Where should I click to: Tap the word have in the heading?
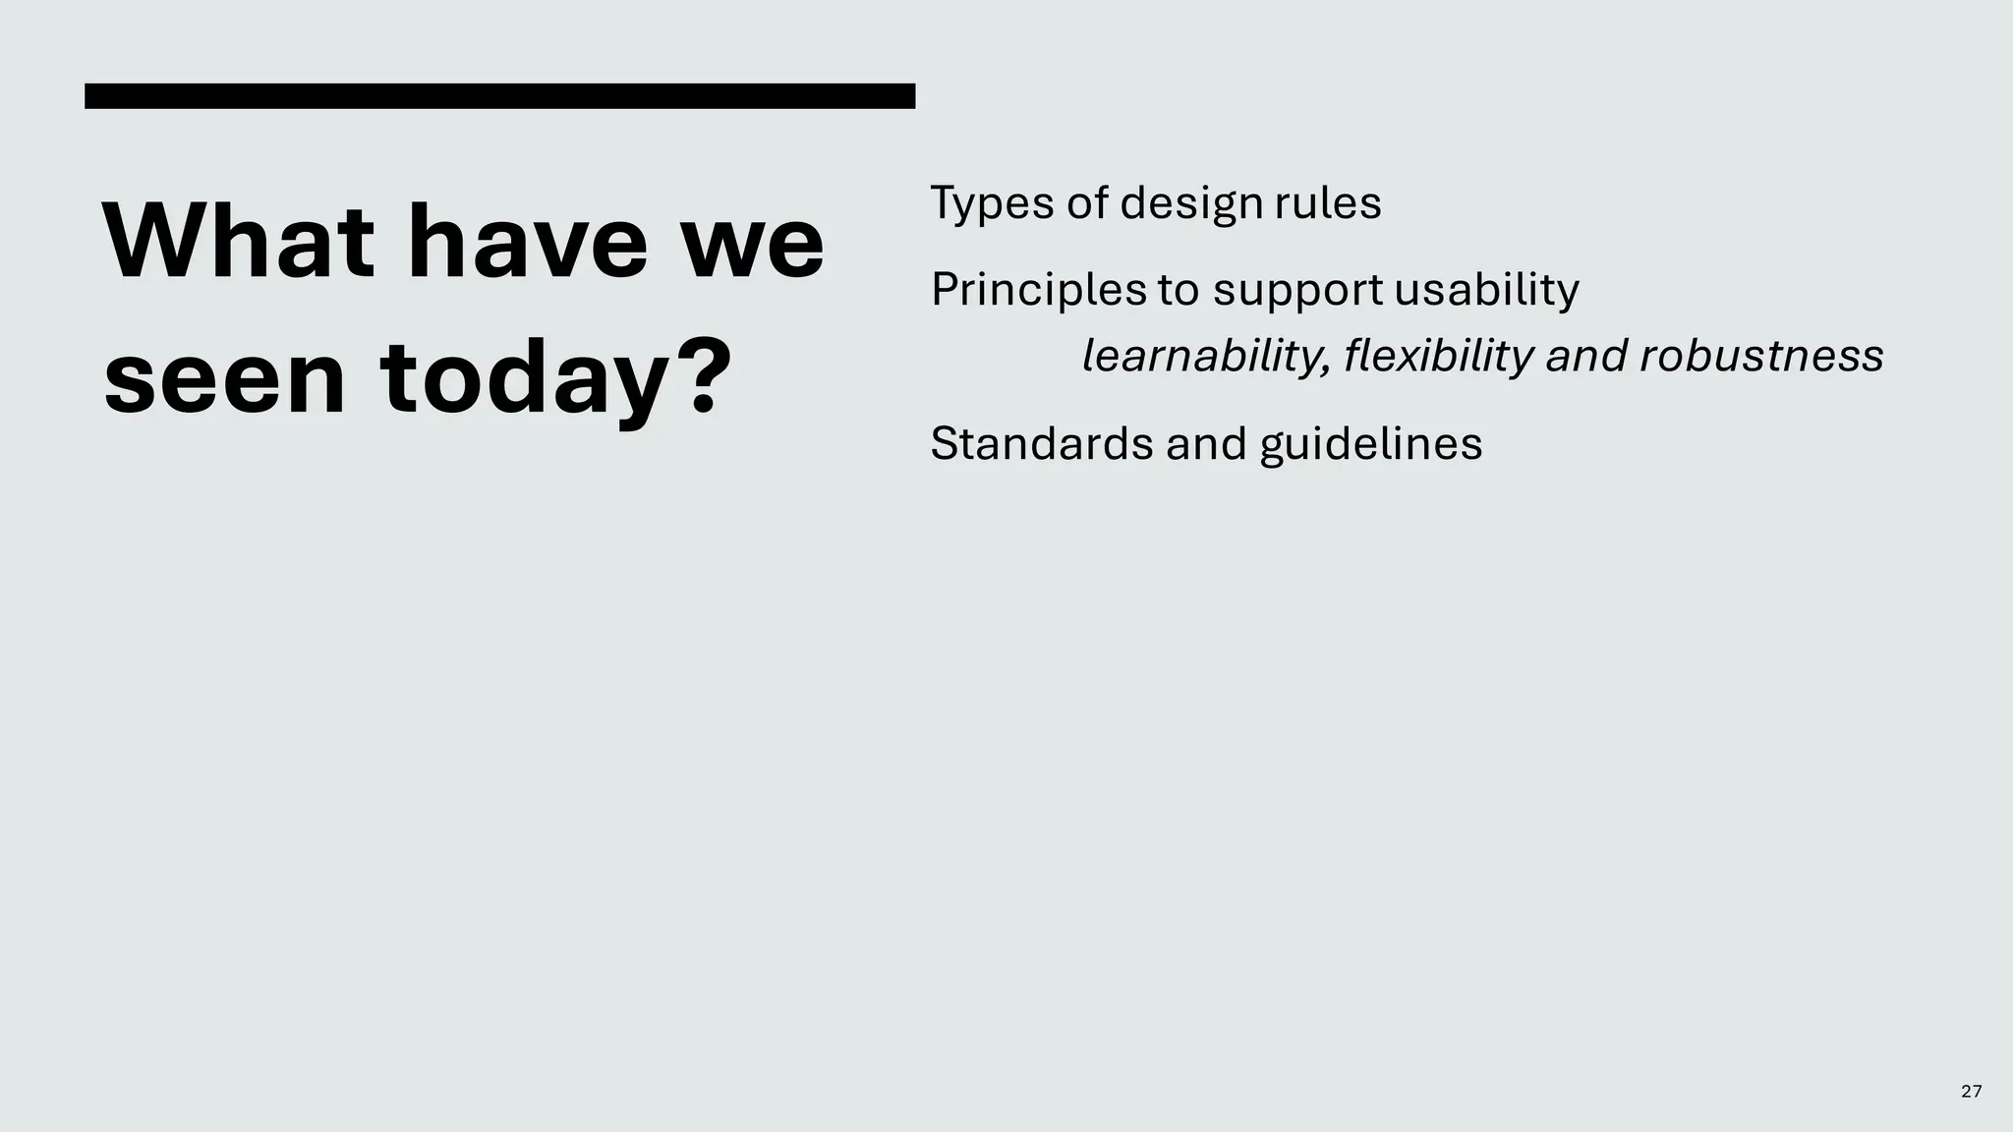(x=535, y=242)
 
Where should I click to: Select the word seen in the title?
(x=225, y=378)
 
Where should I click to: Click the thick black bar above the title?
(x=499, y=96)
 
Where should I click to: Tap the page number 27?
(x=1971, y=1091)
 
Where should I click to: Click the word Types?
(x=992, y=204)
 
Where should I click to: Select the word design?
(x=1190, y=204)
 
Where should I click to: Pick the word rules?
(x=1328, y=203)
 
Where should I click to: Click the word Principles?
(x=1038, y=291)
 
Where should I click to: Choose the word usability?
(x=1486, y=291)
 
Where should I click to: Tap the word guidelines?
(x=1370, y=444)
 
